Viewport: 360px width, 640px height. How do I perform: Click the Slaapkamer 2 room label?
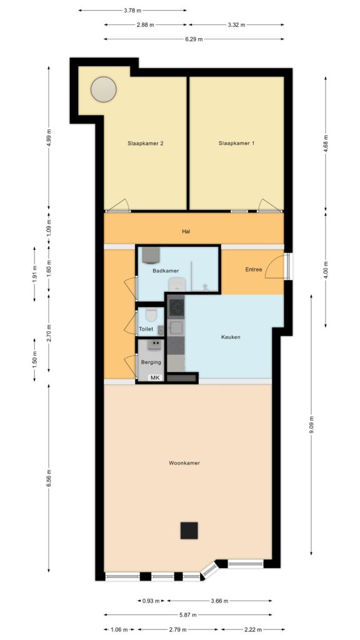(x=146, y=143)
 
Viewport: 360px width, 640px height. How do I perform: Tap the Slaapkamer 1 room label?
(x=237, y=143)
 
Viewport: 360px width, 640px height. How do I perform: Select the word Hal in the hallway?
(x=186, y=231)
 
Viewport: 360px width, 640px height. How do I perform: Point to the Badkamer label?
(x=166, y=271)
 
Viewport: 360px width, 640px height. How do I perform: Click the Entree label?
(x=254, y=269)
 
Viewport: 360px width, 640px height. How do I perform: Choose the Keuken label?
(x=231, y=337)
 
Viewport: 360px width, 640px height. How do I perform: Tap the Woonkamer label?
(x=184, y=463)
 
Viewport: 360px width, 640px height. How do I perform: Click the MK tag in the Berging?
(x=155, y=377)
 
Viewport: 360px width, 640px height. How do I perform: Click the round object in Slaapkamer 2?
(x=103, y=89)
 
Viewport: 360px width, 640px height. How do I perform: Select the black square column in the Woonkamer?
(x=189, y=530)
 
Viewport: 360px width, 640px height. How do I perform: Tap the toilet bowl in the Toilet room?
(x=151, y=314)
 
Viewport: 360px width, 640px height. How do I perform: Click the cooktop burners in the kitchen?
(x=177, y=307)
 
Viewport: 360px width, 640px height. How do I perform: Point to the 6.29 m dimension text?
(x=194, y=39)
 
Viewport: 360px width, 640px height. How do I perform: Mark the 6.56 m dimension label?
(x=49, y=477)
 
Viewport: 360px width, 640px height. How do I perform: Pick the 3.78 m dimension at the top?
(x=132, y=10)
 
